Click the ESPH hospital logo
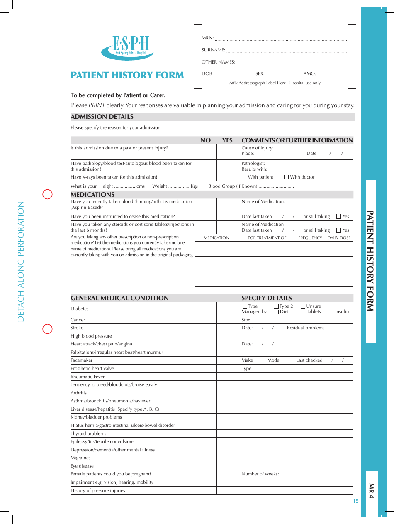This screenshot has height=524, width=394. pos(127,47)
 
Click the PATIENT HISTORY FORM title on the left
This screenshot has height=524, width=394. pos(127,75)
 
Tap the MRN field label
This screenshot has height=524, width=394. pos(207,38)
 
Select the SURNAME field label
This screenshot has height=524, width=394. pos(213,50)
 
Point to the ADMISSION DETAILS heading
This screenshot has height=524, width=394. pos(102,117)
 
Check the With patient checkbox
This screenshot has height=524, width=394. pos(245,177)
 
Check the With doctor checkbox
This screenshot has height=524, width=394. pos(287,177)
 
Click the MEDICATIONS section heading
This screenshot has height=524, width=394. pos(92,195)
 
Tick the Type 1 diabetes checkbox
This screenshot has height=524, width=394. pos(245,306)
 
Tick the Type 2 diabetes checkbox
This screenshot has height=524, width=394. pos(276,306)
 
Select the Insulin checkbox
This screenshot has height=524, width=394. pos(332,312)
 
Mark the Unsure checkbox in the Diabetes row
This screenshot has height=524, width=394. pos(303,306)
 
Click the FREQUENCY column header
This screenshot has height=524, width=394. pos(310,238)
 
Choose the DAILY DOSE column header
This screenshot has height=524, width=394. pos(339,238)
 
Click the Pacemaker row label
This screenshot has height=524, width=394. pos(82,360)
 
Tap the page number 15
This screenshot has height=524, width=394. pos(355,501)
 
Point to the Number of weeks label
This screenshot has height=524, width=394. pos(260,474)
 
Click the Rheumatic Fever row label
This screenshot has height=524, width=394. pos(88,377)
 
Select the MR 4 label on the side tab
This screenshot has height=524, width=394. pos(371,491)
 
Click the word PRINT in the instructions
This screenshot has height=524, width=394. pos(97,105)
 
